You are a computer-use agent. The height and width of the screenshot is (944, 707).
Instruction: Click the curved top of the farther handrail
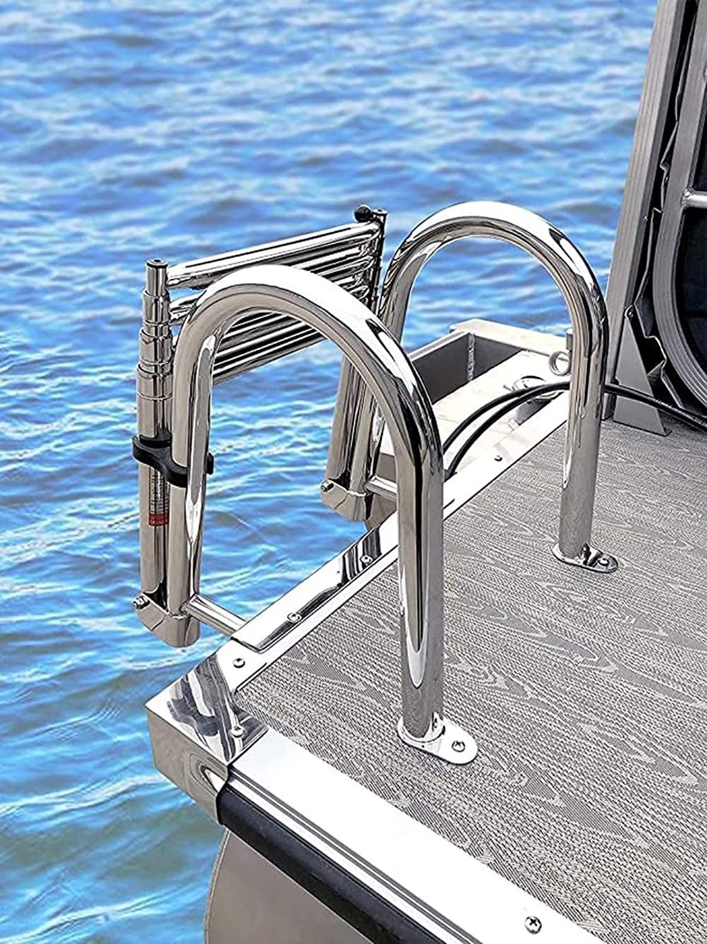point(497,227)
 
